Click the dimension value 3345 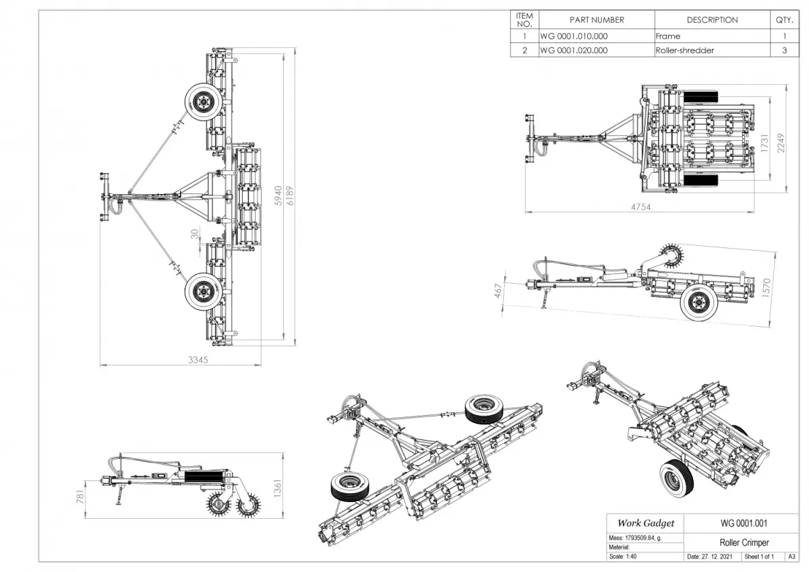pos(198,360)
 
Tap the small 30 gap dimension pos(195,234)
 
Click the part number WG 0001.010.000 pos(574,36)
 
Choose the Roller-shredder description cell pos(684,50)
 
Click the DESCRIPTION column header pos(712,20)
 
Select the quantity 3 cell pos(784,50)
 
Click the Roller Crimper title pos(744,542)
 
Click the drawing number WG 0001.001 pos(744,523)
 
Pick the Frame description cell pos(668,36)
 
